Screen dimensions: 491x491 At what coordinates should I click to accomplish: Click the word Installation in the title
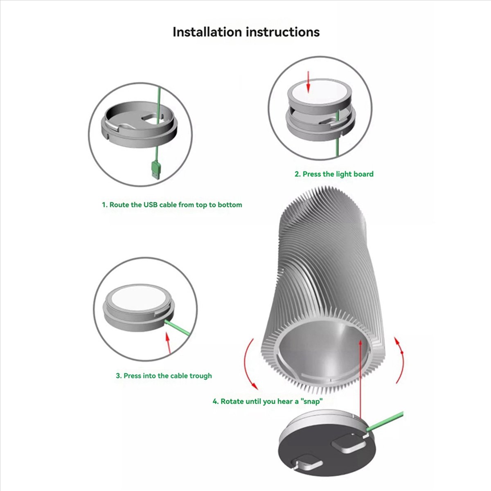(x=207, y=32)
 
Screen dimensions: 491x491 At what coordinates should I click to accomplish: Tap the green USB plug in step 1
(x=156, y=170)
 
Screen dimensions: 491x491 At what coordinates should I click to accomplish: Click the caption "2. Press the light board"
(x=334, y=174)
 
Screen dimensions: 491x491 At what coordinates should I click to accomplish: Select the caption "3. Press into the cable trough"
(x=164, y=376)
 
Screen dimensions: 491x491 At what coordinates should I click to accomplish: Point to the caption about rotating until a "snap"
(x=268, y=401)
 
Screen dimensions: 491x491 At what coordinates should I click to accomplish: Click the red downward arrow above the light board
(x=309, y=82)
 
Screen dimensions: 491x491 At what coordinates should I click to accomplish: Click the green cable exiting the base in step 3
(x=177, y=328)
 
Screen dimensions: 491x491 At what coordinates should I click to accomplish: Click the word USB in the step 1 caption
(x=151, y=205)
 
